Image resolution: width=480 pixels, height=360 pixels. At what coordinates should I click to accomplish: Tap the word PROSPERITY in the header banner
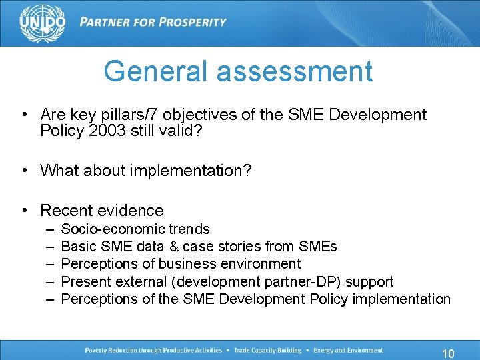pyautogui.click(x=189, y=22)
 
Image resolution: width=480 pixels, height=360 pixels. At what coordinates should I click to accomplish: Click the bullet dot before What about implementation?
pyautogui.click(x=24, y=171)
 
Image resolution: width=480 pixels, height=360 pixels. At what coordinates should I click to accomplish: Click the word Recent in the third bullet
pyautogui.click(x=65, y=211)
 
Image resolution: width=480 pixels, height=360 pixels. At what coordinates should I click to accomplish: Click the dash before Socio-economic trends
pyautogui.click(x=50, y=229)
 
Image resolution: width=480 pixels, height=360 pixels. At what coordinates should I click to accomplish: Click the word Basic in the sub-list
pyautogui.click(x=79, y=247)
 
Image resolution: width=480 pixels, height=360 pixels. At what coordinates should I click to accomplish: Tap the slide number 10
pyautogui.click(x=448, y=353)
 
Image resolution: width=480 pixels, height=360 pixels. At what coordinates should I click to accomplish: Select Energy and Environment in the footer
pyautogui.click(x=349, y=351)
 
